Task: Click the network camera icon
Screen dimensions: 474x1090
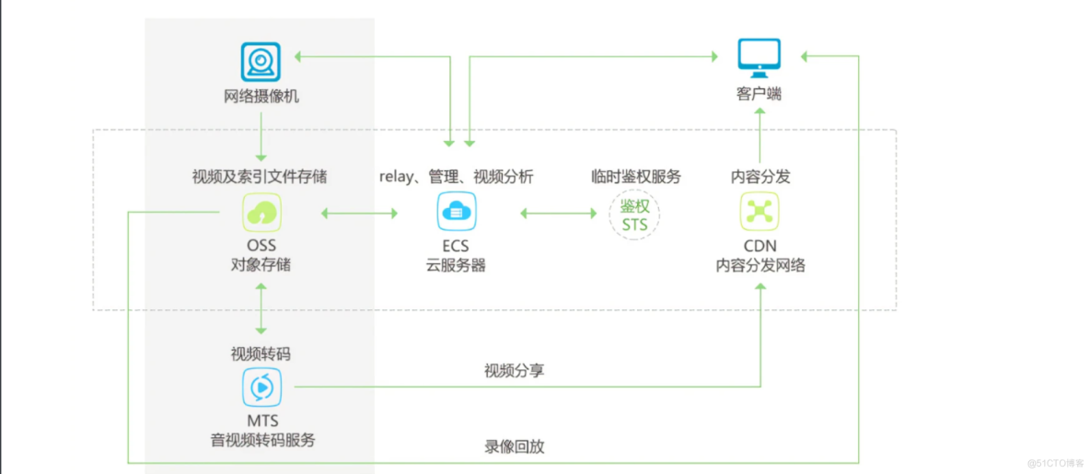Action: click(261, 62)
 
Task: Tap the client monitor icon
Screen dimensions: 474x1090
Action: click(760, 56)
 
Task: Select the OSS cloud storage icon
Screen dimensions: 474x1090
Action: click(261, 213)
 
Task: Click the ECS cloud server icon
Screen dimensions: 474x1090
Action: click(456, 213)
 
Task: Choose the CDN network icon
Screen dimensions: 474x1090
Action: click(760, 213)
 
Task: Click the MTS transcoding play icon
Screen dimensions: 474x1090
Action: click(261, 387)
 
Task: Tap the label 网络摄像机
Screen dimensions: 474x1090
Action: click(261, 95)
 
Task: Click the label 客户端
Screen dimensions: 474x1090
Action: click(760, 94)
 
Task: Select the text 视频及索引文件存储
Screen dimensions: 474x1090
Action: click(260, 177)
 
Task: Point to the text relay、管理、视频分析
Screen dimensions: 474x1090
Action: click(456, 177)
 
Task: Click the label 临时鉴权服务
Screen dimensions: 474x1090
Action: click(635, 177)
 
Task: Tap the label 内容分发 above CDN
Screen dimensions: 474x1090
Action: click(760, 177)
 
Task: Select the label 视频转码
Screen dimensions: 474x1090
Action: click(261, 353)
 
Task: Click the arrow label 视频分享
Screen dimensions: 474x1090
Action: click(515, 371)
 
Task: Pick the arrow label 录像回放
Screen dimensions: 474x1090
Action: click(515, 447)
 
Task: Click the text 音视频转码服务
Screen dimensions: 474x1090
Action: click(262, 440)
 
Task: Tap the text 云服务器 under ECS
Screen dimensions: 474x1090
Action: click(456, 265)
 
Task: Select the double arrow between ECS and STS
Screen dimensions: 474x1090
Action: click(559, 214)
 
